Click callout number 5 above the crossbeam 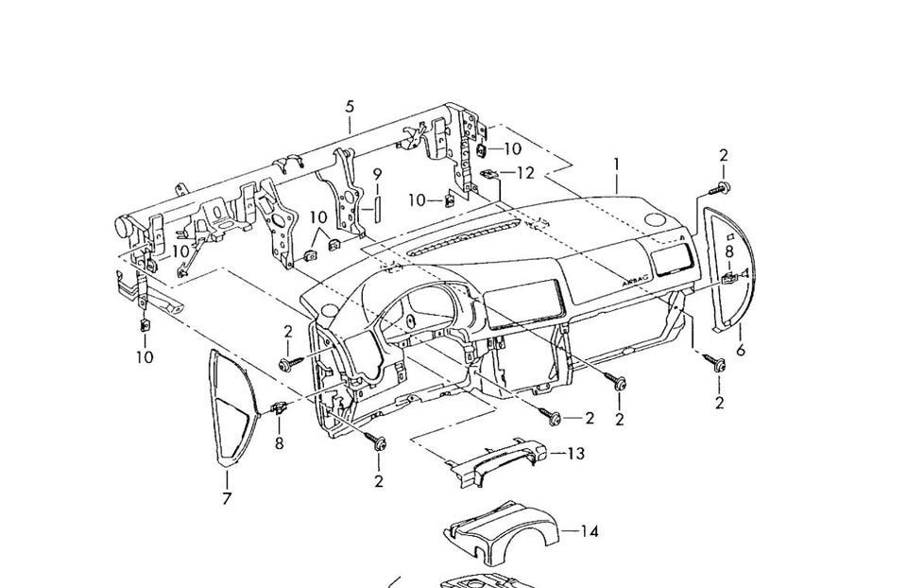350,105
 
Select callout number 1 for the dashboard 616,164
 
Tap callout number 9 376,174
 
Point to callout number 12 525,173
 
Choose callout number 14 589,531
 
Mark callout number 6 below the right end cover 740,350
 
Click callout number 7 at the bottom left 227,498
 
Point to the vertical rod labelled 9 376,204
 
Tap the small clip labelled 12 488,174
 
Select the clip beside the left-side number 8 280,408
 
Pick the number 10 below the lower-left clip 144,357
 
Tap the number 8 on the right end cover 728,251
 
